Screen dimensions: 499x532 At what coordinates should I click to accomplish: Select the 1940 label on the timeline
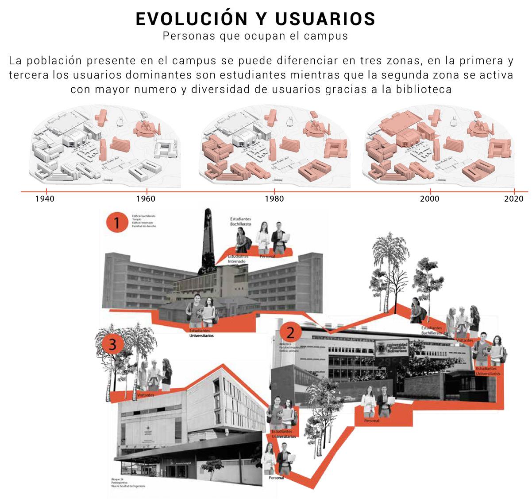pyautogui.click(x=45, y=199)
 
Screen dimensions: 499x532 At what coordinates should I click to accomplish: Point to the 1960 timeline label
pyautogui.click(x=145, y=199)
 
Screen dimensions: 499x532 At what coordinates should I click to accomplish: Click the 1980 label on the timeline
pyautogui.click(x=274, y=199)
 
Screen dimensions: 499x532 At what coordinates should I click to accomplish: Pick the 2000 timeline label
pyautogui.click(x=430, y=199)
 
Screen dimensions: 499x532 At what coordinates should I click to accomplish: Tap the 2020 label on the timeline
pyautogui.click(x=514, y=199)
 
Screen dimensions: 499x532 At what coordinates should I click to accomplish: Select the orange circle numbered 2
pyautogui.click(x=291, y=332)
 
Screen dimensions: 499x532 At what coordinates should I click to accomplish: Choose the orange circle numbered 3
pyautogui.click(x=112, y=344)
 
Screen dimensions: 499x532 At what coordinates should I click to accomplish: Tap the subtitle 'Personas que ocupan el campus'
pyautogui.click(x=255, y=36)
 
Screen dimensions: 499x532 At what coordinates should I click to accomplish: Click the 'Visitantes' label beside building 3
pyautogui.click(x=146, y=394)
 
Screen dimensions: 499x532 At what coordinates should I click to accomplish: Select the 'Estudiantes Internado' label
pyautogui.click(x=237, y=259)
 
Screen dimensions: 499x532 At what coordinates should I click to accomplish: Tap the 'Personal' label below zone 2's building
pyautogui.click(x=371, y=421)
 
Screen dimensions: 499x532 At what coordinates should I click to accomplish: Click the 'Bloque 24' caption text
pyautogui.click(x=118, y=479)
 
